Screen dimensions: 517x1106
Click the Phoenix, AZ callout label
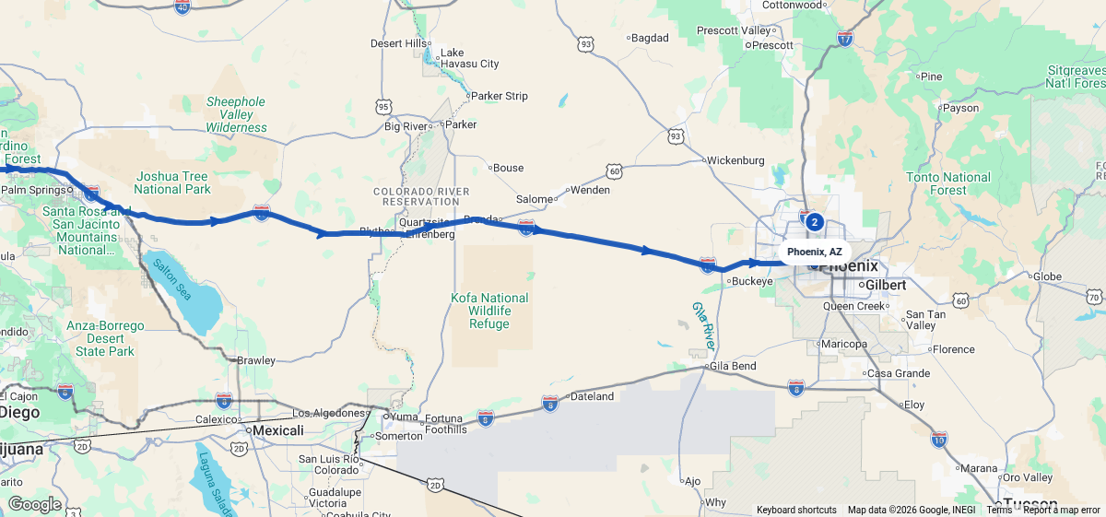click(x=814, y=252)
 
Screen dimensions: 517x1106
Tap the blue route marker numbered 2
click(x=814, y=221)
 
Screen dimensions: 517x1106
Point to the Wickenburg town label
click(x=736, y=160)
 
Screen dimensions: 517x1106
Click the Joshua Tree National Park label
click(x=172, y=182)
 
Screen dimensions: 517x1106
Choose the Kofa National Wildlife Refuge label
click(x=489, y=311)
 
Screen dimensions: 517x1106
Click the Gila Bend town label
click(x=734, y=366)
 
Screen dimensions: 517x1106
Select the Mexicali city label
click(x=278, y=430)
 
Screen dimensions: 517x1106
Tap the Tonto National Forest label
click(x=948, y=183)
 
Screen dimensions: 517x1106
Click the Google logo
click(x=34, y=504)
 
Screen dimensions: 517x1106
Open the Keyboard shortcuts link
click(x=796, y=510)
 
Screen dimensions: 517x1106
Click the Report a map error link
click(x=1062, y=510)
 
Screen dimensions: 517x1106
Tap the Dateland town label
click(x=593, y=396)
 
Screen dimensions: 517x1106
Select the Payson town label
click(x=960, y=108)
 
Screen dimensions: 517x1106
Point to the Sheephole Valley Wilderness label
click(x=236, y=114)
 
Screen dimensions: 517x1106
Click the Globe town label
click(x=1047, y=276)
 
